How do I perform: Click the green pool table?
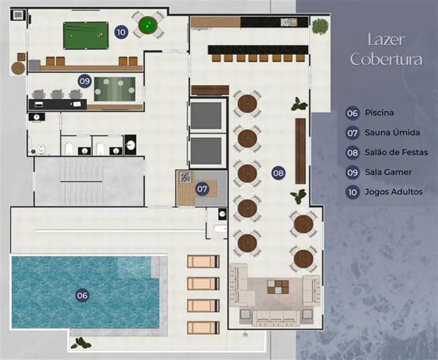click(86, 36)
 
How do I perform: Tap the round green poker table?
click(148, 25)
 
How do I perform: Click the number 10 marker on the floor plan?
click(121, 32)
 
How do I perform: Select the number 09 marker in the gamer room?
click(85, 81)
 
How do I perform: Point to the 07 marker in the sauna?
click(202, 189)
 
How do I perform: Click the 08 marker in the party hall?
click(278, 172)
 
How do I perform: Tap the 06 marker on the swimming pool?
click(82, 295)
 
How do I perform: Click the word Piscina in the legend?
click(379, 112)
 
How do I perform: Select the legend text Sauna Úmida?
click(392, 132)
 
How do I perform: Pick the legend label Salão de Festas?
click(396, 152)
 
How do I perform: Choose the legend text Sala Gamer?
click(388, 172)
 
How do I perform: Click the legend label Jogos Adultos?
click(393, 192)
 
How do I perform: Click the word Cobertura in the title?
click(386, 59)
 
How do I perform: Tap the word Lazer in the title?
click(386, 40)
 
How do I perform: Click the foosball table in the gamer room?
click(115, 89)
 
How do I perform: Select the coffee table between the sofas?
click(278, 287)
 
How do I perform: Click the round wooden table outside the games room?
click(18, 68)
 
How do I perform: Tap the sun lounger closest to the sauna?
click(203, 262)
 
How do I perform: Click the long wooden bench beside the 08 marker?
click(301, 151)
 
